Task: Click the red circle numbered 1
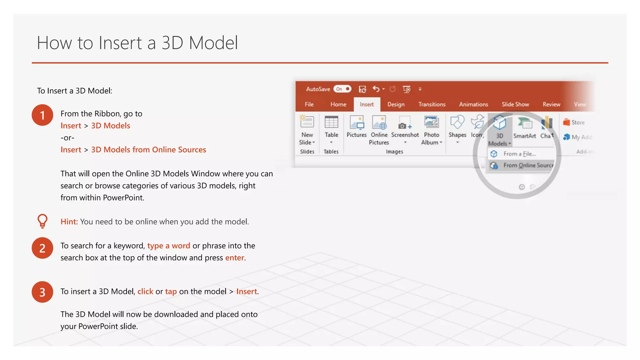click(42, 115)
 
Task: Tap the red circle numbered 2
click(42, 248)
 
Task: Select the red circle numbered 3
click(42, 292)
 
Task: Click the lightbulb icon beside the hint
click(42, 221)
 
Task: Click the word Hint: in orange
click(69, 222)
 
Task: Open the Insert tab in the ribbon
click(367, 104)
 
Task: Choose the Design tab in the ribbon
click(396, 104)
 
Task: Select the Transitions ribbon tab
click(432, 104)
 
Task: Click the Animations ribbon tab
click(473, 104)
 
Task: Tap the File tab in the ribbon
click(309, 104)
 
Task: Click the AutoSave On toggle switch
click(342, 89)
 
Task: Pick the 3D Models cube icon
click(499, 122)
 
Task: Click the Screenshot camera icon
click(405, 122)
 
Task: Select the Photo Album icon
click(432, 122)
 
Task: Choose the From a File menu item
click(519, 154)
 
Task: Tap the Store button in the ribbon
click(574, 122)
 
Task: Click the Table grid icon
click(331, 122)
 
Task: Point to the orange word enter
click(235, 258)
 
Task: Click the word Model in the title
click(213, 43)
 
